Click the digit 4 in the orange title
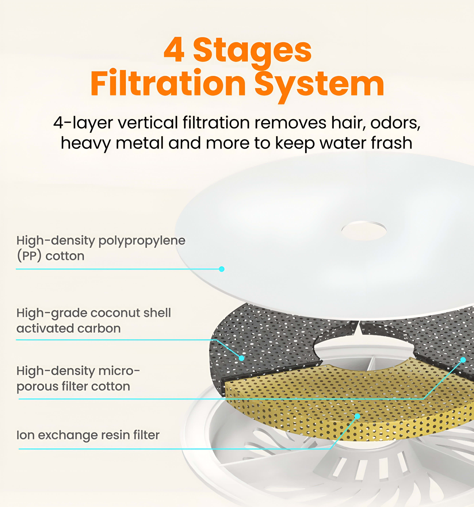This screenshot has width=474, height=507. point(174,50)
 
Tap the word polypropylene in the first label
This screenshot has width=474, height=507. point(142,241)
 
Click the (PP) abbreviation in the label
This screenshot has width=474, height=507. point(29,256)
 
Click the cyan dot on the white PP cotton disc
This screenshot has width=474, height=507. point(222,269)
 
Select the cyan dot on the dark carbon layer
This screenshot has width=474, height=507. point(241,358)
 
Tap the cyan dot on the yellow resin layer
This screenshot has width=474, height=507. point(358,416)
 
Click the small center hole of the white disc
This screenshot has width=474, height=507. point(364,231)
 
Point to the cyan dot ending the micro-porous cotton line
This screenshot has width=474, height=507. point(463,360)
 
